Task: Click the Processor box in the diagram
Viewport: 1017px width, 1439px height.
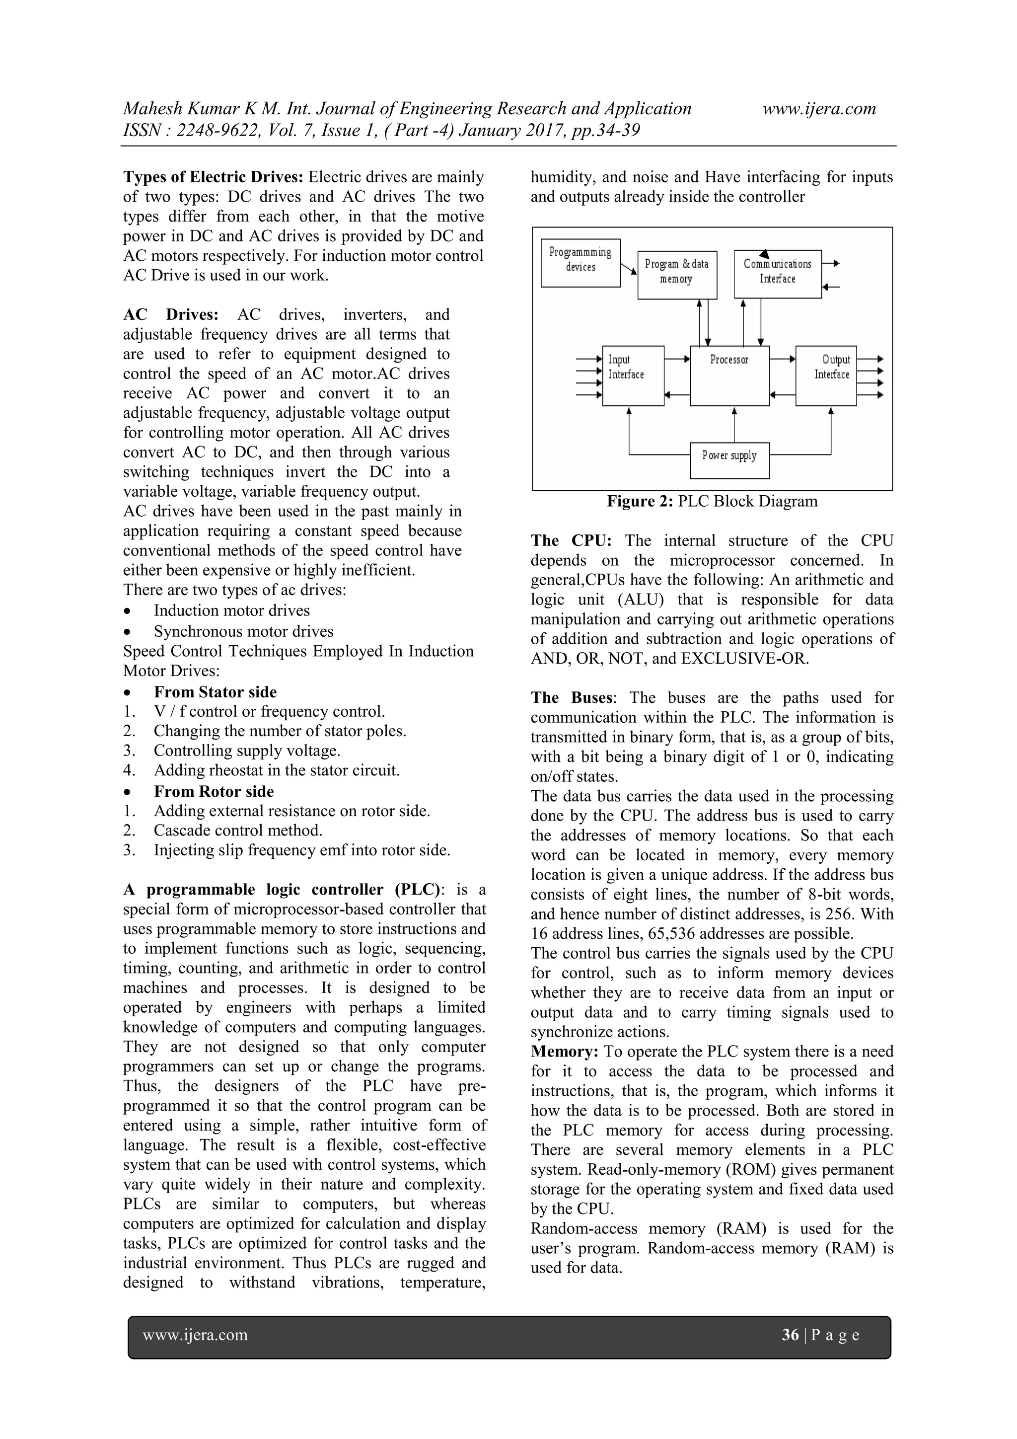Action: pos(729,376)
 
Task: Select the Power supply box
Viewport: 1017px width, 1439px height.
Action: pos(729,460)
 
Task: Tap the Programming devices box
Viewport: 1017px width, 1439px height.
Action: pos(580,263)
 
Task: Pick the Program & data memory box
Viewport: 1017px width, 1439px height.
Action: pos(677,275)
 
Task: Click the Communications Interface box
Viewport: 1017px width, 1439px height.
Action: pos(778,274)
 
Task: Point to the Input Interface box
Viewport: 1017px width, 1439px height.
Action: pos(633,376)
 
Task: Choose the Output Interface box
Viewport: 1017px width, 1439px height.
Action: pos(826,376)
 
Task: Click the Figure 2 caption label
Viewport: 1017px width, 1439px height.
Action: pos(640,501)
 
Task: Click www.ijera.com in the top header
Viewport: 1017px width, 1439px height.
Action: pos(819,108)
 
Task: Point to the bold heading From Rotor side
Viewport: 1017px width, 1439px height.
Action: pos(214,792)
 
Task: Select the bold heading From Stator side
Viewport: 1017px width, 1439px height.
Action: pos(215,692)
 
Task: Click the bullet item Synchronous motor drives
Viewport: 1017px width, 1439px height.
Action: pos(243,631)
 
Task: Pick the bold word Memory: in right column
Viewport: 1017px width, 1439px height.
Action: pos(565,1052)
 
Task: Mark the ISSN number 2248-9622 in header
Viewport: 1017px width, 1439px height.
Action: pos(215,130)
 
